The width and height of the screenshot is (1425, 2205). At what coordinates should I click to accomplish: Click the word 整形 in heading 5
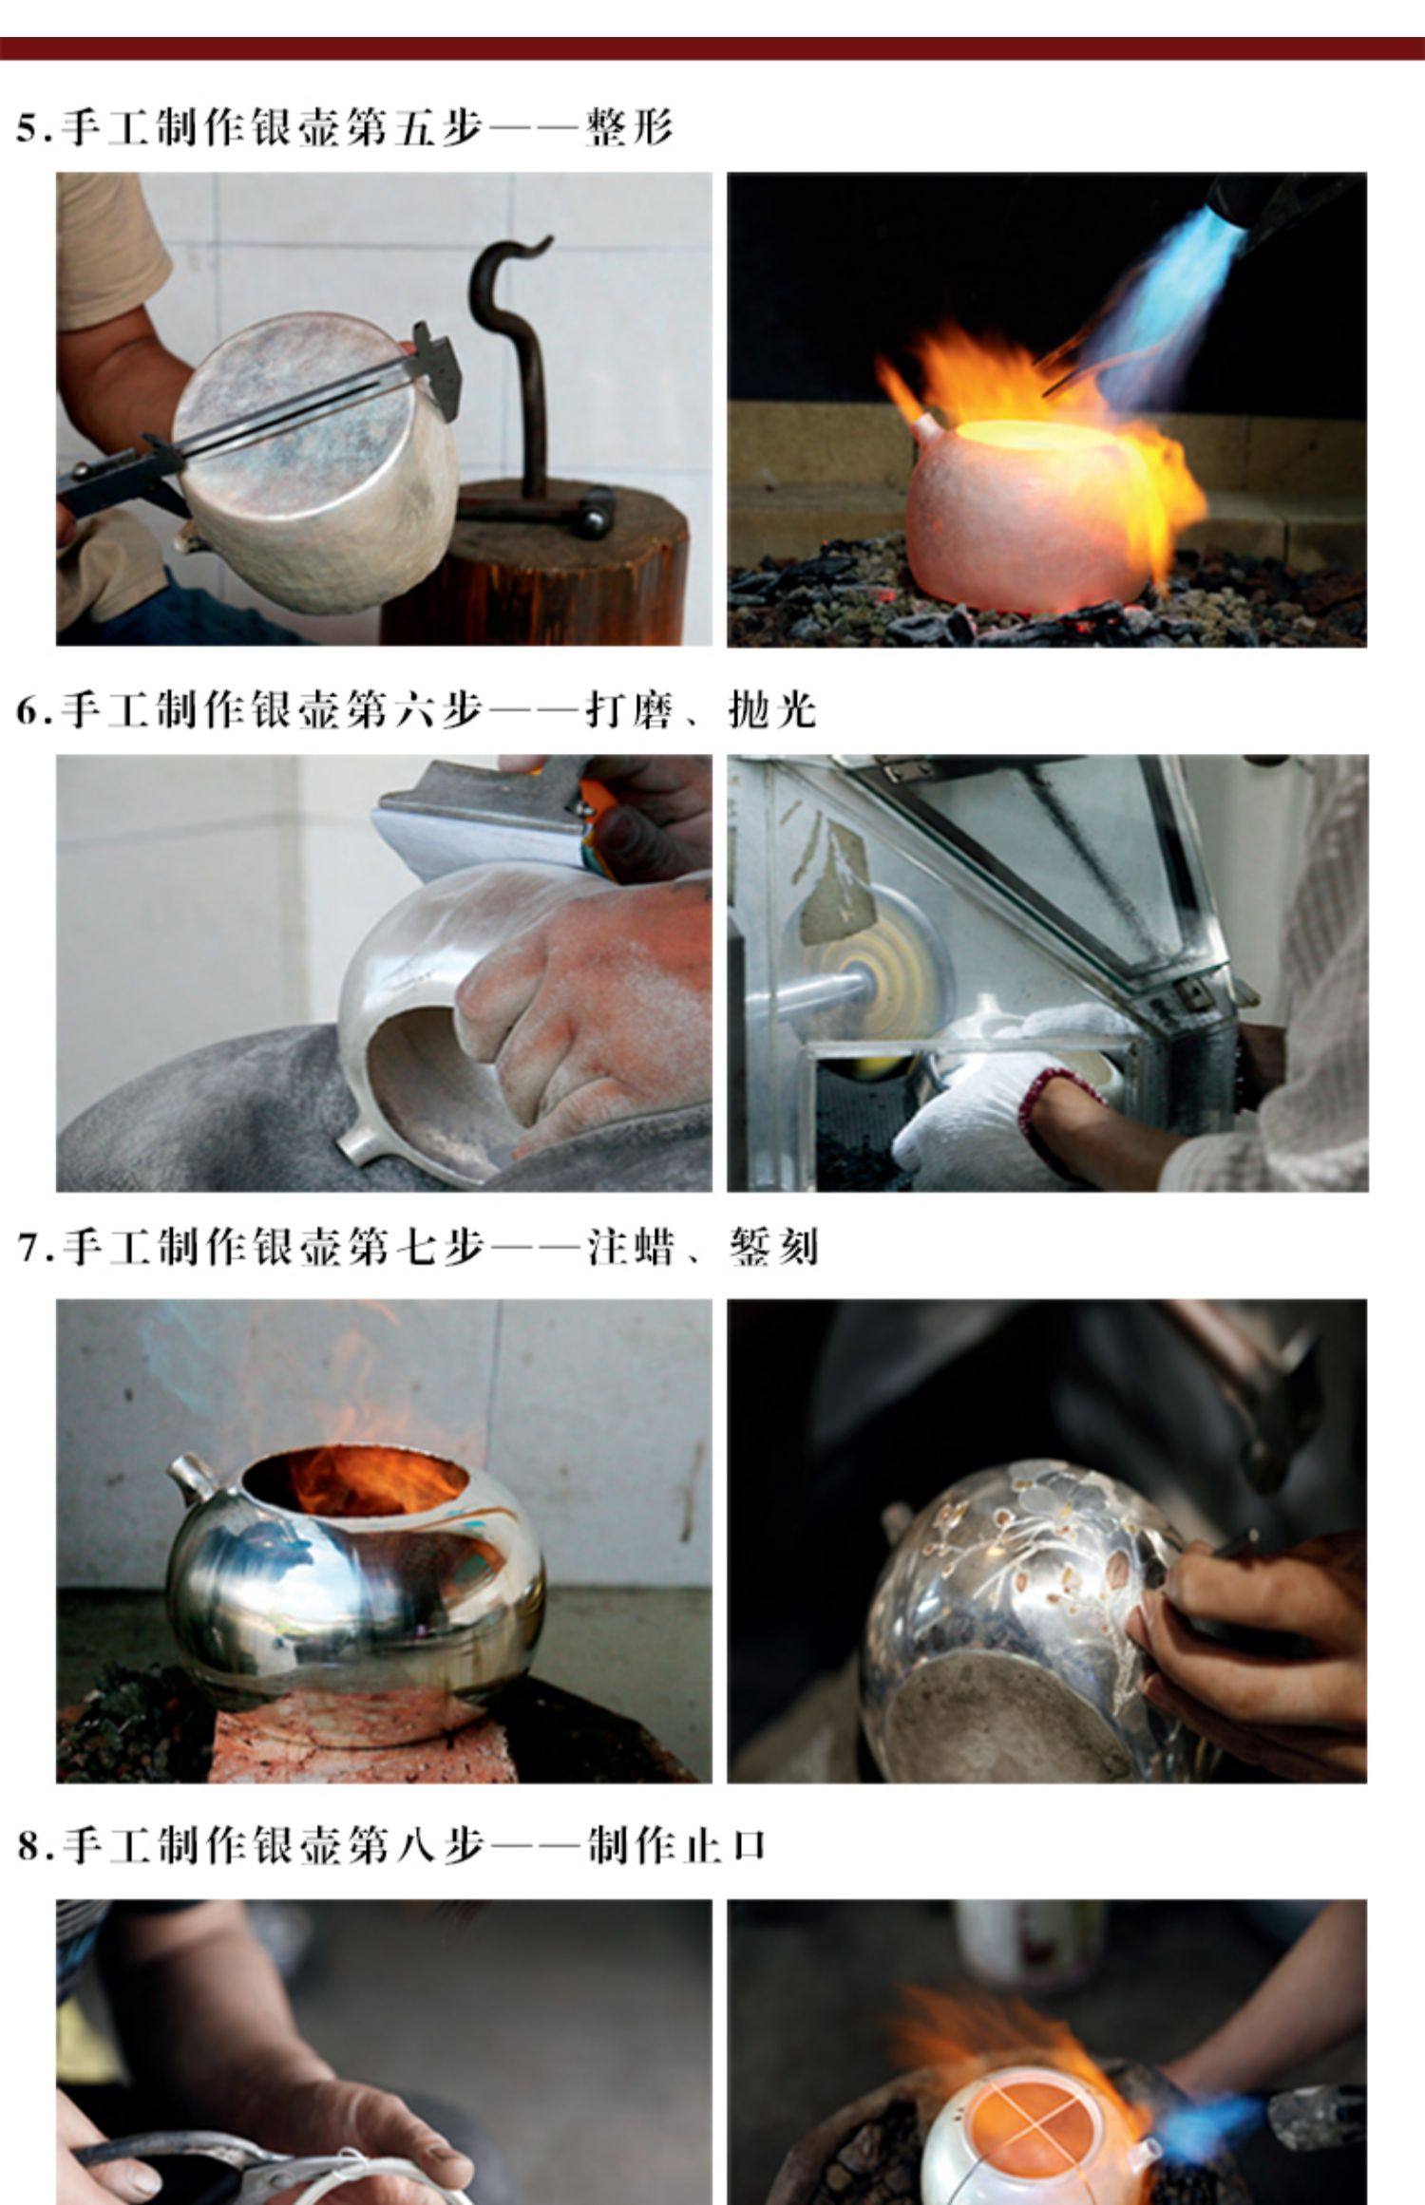coord(629,127)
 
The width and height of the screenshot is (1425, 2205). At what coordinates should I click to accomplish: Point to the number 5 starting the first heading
coord(28,128)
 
